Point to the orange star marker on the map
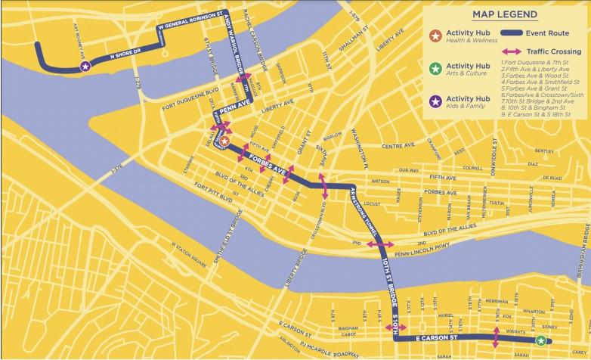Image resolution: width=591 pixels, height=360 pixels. (224, 140)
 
